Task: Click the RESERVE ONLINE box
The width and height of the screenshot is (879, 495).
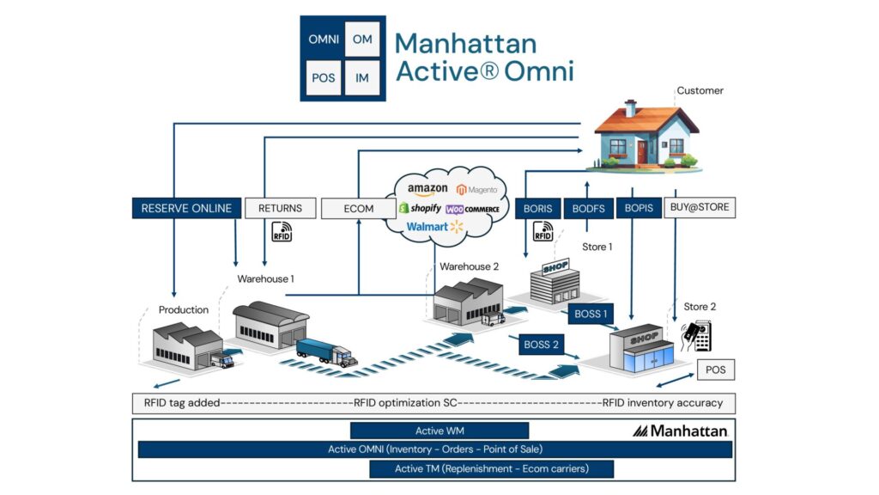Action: click(186, 208)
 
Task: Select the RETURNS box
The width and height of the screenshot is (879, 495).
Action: click(280, 208)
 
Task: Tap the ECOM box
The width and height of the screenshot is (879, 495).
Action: click(359, 208)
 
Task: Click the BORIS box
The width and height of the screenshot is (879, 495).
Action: click(537, 208)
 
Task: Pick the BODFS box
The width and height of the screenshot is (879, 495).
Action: click(588, 208)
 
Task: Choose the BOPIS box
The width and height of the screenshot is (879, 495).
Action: click(638, 208)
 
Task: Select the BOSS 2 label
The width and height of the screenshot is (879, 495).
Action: click(542, 345)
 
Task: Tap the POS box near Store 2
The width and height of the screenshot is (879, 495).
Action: click(714, 370)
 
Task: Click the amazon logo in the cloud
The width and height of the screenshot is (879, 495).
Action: click(427, 189)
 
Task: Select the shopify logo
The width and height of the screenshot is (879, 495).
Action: click(421, 208)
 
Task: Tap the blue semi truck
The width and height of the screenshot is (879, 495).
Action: click(326, 352)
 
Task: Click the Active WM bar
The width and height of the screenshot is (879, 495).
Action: click(439, 431)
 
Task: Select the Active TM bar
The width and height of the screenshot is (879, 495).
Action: click(491, 468)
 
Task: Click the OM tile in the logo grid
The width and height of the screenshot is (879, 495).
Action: click(362, 40)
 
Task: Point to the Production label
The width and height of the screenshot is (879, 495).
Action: click(184, 309)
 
